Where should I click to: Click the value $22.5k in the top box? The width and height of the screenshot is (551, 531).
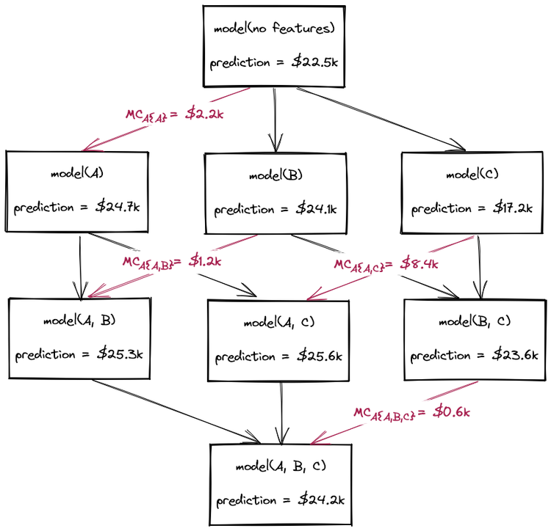[316, 62]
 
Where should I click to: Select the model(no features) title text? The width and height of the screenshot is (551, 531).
[274, 29]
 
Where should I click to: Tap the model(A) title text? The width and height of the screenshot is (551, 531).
[76, 174]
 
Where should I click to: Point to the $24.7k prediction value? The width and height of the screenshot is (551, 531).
[119, 206]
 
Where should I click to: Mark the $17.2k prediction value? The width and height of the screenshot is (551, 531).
[513, 208]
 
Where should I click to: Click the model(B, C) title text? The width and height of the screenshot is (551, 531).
[474, 321]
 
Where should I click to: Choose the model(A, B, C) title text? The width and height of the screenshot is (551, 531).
[280, 466]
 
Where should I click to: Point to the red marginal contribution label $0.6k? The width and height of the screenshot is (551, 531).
[452, 412]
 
